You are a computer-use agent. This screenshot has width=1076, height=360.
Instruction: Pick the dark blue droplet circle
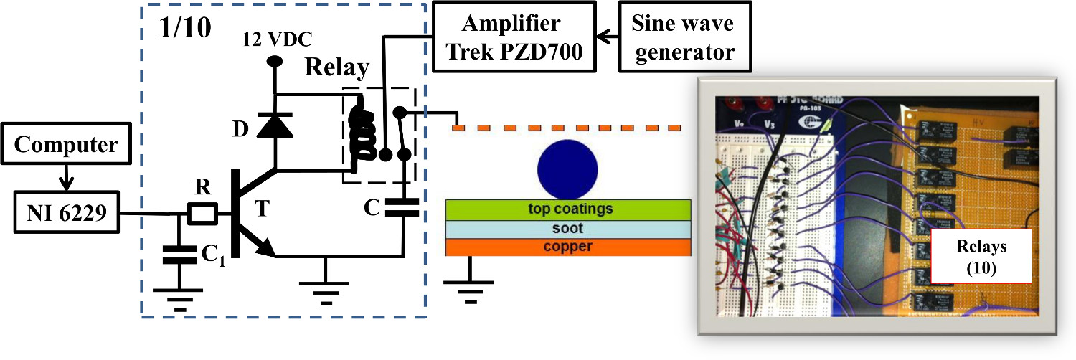pos(567,169)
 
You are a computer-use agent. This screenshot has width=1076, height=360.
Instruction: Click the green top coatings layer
pos(569,209)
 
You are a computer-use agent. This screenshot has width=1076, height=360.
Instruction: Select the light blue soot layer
pos(569,229)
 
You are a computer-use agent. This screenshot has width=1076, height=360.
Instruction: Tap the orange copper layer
pos(569,247)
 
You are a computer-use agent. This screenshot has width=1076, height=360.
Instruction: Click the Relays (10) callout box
pos(981,255)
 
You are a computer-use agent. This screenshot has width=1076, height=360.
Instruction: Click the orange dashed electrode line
pos(567,128)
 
